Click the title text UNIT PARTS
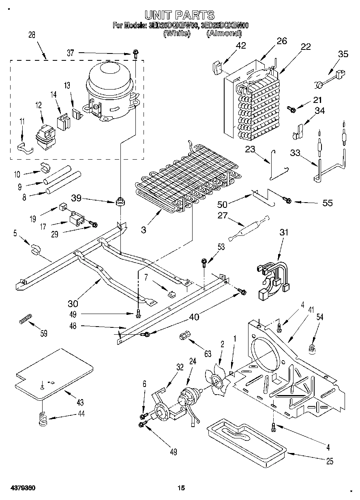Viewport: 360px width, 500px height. tap(180, 15)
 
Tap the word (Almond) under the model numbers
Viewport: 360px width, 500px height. tap(224, 34)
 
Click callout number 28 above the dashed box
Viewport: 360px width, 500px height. tap(31, 35)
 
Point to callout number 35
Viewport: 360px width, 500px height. tap(343, 53)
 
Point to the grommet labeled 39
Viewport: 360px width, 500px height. tap(120, 201)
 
